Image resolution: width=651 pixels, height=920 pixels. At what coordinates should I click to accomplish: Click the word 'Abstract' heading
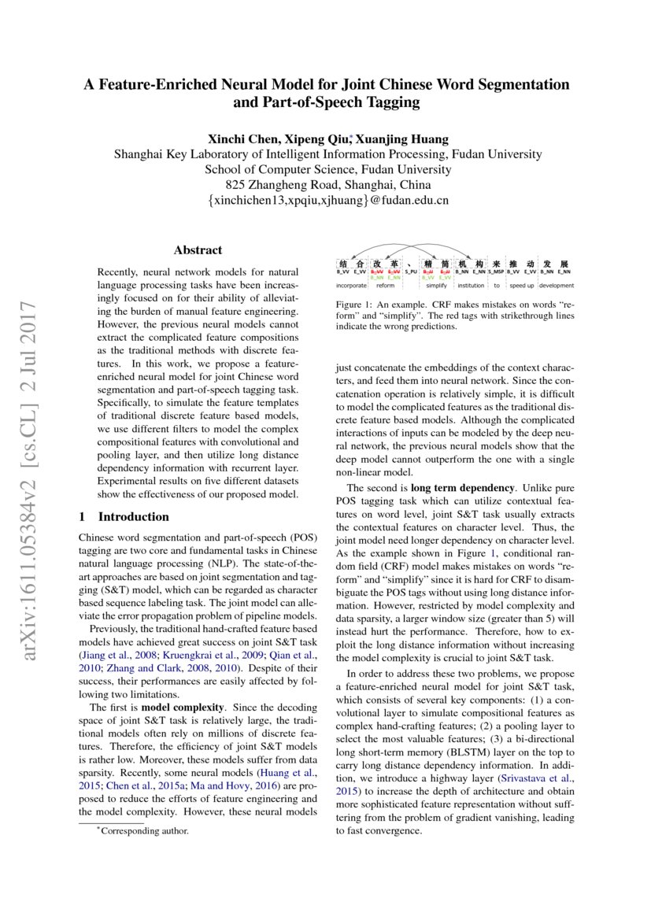(198, 249)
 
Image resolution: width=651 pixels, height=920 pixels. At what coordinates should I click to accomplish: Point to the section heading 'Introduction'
(133, 517)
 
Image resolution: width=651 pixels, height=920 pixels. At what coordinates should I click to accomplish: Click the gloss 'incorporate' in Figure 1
(351, 286)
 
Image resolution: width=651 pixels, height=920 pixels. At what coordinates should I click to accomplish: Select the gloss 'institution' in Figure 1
(471, 286)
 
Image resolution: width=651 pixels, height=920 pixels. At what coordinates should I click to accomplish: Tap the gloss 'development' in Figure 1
(557, 286)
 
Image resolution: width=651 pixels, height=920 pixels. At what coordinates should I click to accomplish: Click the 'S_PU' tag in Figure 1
(411, 272)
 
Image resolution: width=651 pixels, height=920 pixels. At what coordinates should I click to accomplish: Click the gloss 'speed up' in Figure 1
(521, 286)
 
